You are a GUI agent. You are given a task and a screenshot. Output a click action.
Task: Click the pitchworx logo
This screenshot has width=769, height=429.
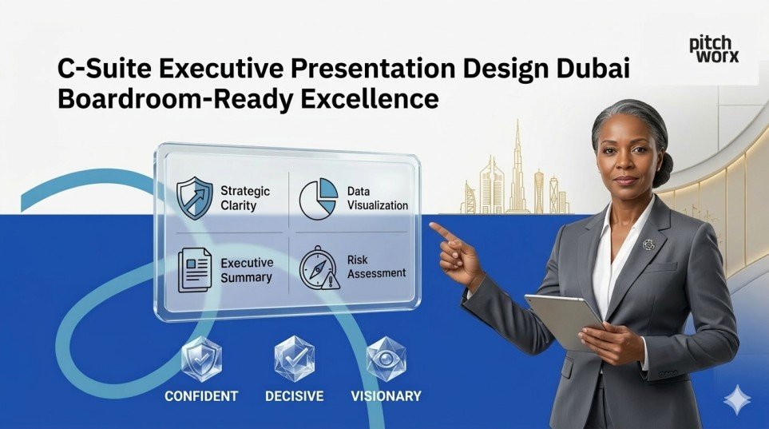pyautogui.click(x=714, y=50)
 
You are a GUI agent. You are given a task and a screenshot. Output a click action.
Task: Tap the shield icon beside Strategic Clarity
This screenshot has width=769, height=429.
pyautogui.click(x=195, y=198)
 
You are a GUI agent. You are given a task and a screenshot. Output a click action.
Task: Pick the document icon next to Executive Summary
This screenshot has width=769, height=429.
pyautogui.click(x=195, y=268)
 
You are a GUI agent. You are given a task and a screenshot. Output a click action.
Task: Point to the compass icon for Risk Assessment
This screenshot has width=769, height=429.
pyautogui.click(x=318, y=268)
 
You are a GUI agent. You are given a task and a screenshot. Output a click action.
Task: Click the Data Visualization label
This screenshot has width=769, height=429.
pyautogui.click(x=377, y=198)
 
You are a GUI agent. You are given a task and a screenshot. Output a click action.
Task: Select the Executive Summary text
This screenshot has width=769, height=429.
pyautogui.click(x=247, y=270)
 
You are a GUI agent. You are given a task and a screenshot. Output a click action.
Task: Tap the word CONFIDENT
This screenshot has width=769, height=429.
pyautogui.click(x=201, y=396)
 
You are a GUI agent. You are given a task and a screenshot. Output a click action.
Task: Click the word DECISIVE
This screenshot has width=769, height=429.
pyautogui.click(x=295, y=396)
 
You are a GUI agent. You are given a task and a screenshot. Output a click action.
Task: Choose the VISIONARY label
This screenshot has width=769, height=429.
pyautogui.click(x=386, y=396)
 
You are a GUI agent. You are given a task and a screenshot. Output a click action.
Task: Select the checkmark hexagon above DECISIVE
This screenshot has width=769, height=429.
pyautogui.click(x=293, y=359)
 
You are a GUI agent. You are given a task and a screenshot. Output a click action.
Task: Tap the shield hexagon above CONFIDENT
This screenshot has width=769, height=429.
pyautogui.click(x=200, y=360)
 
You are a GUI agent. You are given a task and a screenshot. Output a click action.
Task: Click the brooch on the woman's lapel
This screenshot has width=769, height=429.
pyautogui.click(x=648, y=244)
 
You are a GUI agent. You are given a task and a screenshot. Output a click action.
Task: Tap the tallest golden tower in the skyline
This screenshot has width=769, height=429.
pyautogui.click(x=517, y=164)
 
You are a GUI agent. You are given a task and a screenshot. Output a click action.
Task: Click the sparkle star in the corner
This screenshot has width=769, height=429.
pyautogui.click(x=735, y=399)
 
